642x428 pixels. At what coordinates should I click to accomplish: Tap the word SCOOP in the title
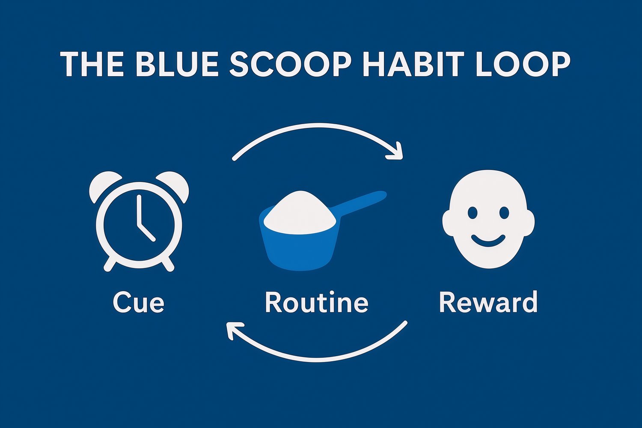click(290, 64)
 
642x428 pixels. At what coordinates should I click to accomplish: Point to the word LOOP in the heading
click(523, 64)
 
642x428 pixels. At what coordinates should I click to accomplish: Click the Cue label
click(138, 303)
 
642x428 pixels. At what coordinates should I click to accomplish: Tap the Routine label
click(317, 302)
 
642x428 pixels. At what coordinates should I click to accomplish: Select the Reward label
click(488, 302)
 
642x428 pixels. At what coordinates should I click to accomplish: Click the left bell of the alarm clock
click(103, 185)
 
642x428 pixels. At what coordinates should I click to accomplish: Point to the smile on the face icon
click(488, 242)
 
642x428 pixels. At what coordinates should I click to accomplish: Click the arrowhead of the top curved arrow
click(397, 152)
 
